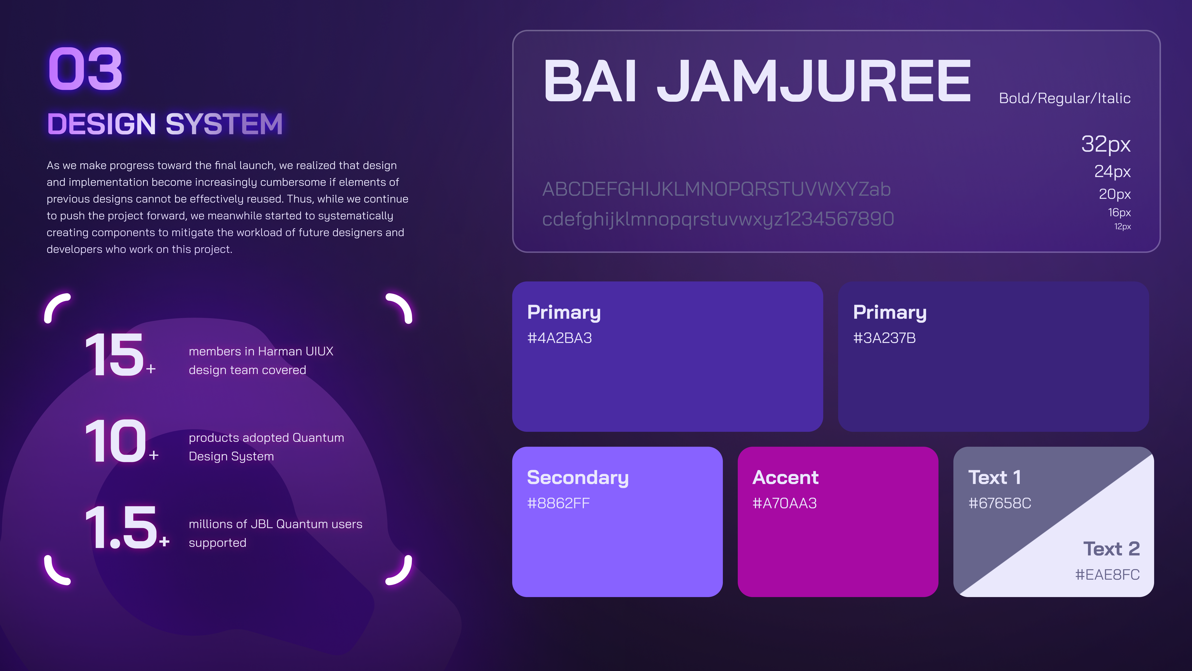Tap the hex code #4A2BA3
coord(559,338)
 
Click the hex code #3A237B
coord(884,338)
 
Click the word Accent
coord(785,477)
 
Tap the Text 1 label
coord(994,477)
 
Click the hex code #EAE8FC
coord(1107,575)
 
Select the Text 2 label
coord(1111,549)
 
